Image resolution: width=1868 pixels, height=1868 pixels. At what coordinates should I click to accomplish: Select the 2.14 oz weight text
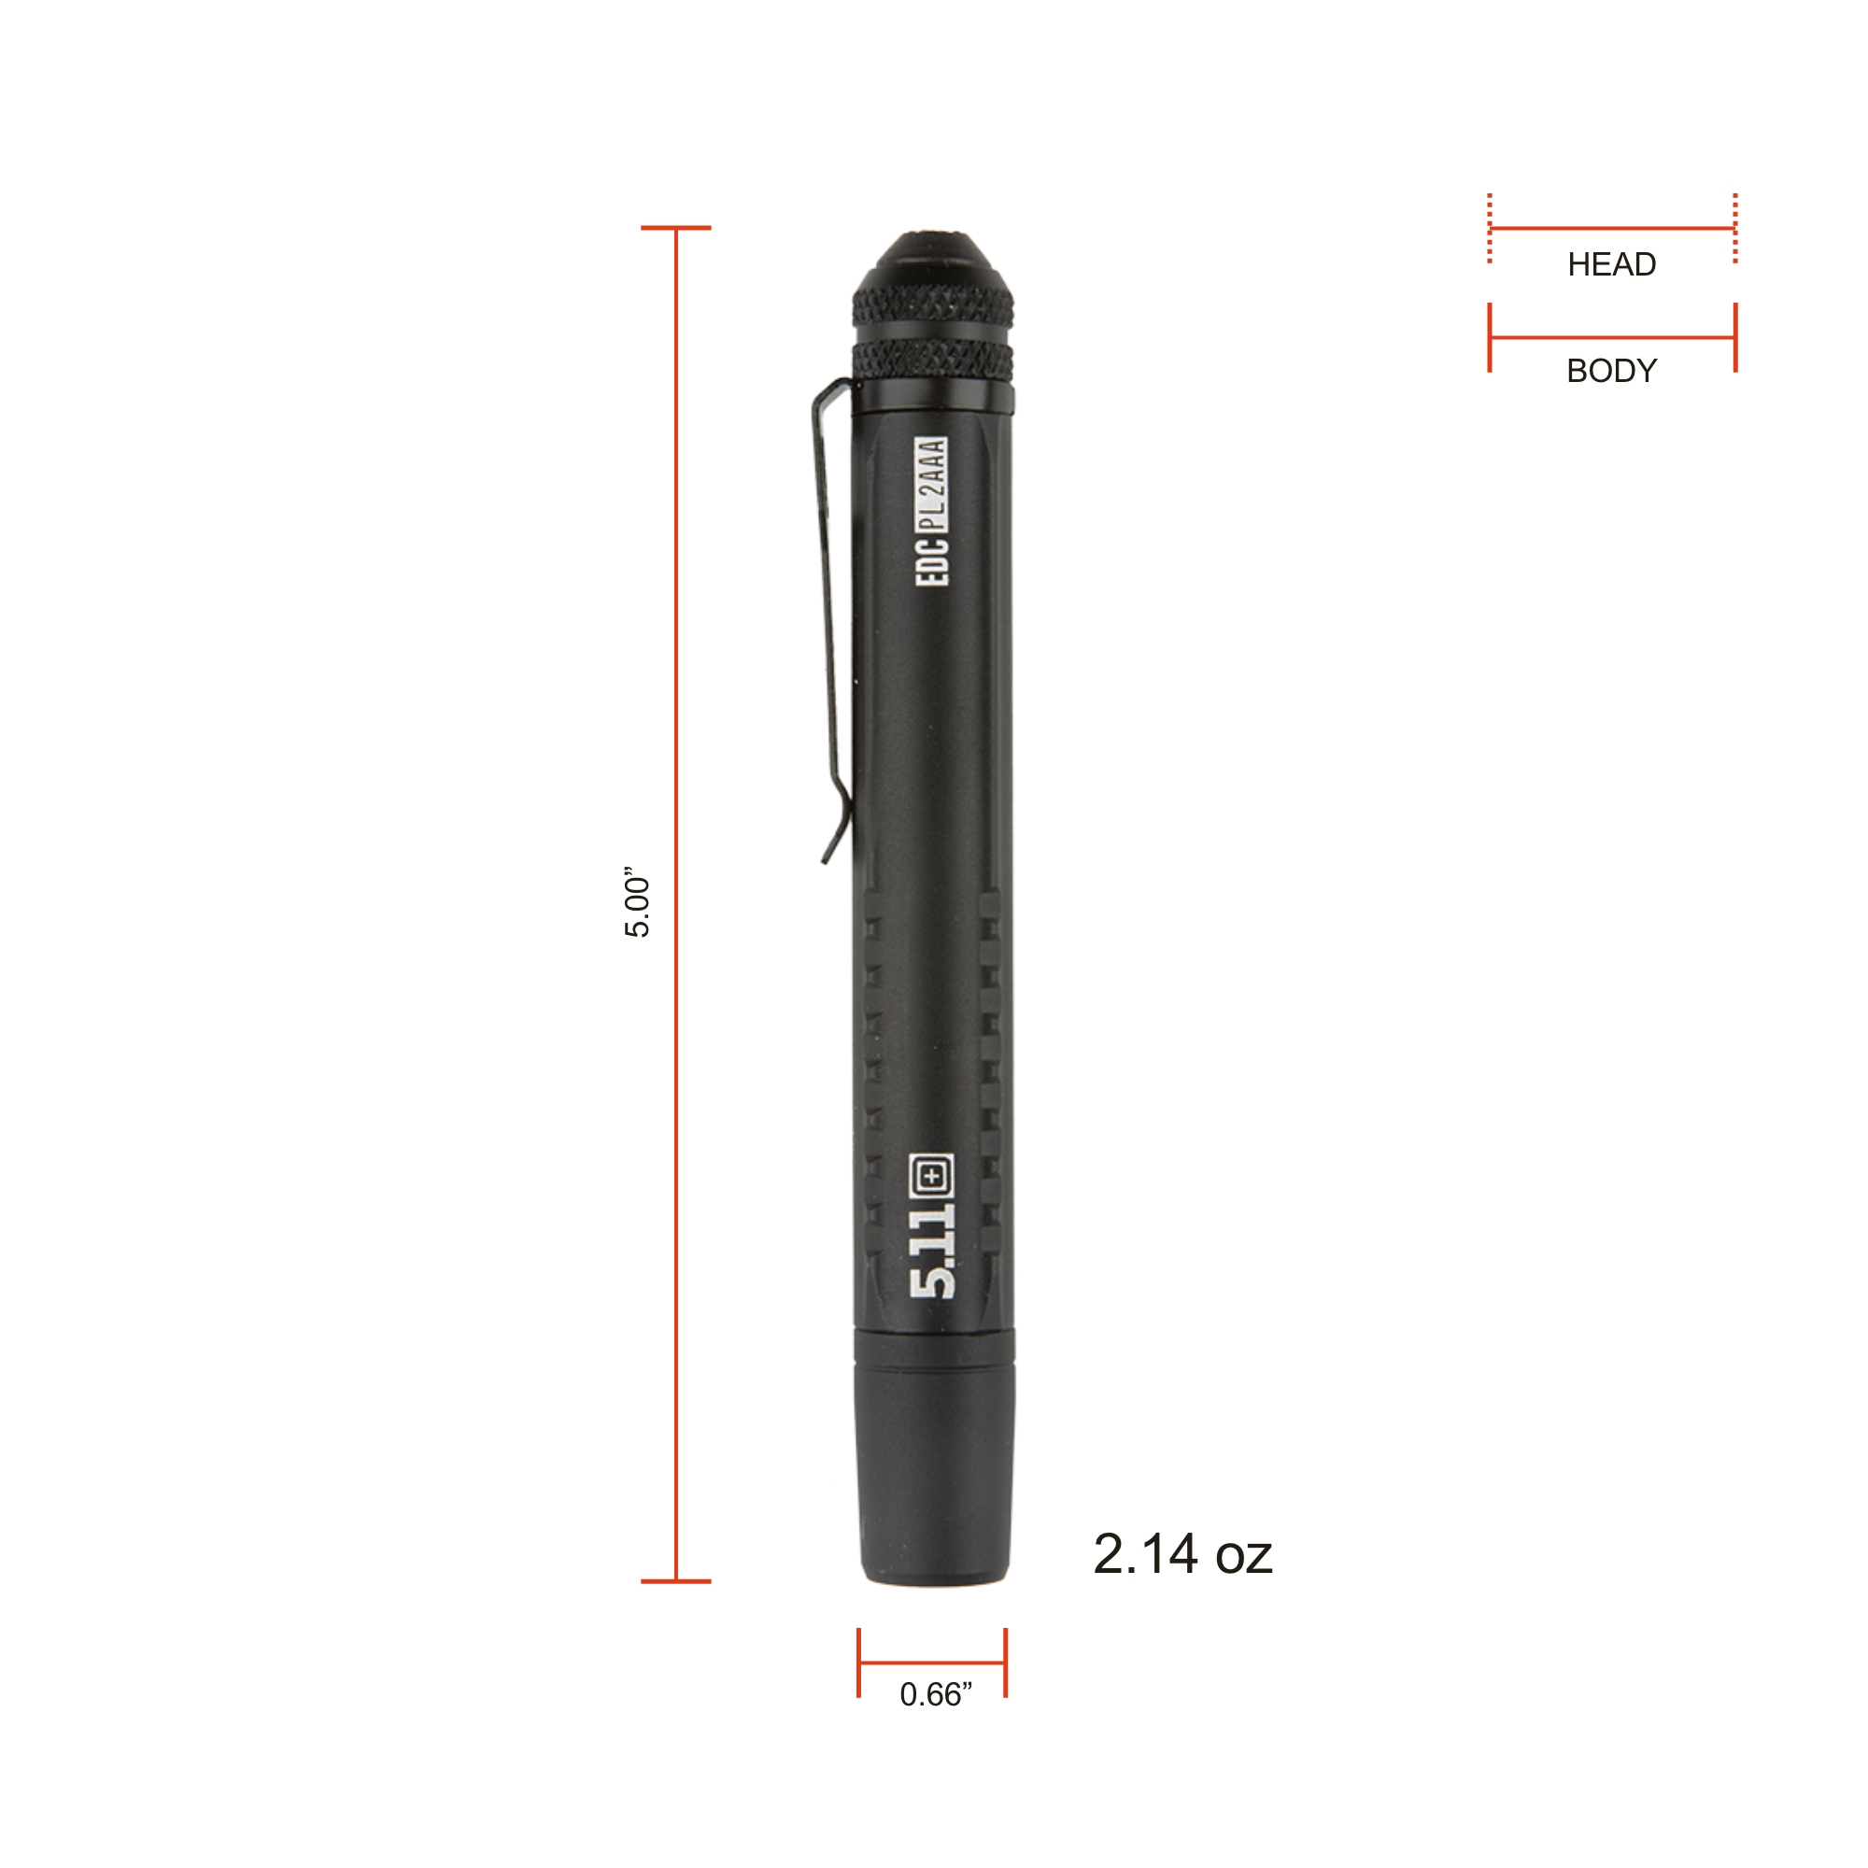coord(1182,1555)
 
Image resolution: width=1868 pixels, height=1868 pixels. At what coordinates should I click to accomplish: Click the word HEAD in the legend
coord(1612,264)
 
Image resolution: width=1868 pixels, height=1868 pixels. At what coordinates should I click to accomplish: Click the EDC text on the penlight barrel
coord(933,559)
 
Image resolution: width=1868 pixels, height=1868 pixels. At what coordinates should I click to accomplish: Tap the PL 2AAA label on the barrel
coord(932,484)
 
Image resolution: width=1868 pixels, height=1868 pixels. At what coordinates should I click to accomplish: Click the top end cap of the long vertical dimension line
coord(676,228)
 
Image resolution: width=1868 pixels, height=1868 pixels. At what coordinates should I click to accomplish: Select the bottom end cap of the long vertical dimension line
coord(676,1581)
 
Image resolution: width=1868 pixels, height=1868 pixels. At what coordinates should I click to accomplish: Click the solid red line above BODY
coord(1612,337)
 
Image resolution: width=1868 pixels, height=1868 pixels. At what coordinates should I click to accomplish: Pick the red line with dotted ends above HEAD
coord(1612,229)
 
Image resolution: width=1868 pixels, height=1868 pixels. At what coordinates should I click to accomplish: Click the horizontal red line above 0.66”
coord(932,1663)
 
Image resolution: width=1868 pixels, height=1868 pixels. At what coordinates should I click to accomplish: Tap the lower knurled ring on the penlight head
coord(933,360)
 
